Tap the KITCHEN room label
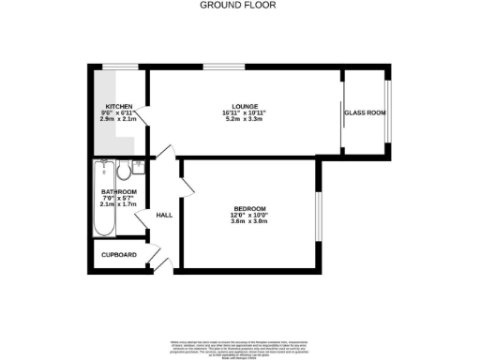point(118,106)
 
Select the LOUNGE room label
point(245,107)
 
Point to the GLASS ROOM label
point(365,112)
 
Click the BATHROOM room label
point(119,192)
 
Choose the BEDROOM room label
point(250,208)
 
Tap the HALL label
point(164,216)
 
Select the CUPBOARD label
point(119,255)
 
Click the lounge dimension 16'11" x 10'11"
point(245,113)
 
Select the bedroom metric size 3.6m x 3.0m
point(250,221)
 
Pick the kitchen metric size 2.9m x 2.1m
point(118,119)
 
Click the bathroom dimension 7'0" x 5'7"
point(119,199)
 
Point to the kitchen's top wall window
point(119,66)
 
